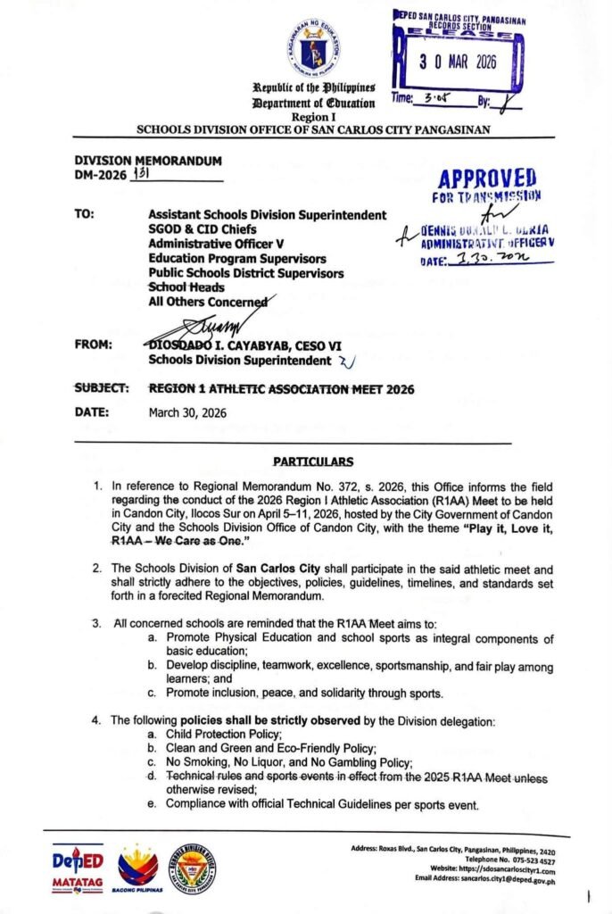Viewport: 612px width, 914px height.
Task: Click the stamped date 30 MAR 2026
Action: (457, 64)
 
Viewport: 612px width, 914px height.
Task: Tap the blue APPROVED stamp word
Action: (486, 177)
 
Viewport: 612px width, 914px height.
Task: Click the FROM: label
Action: (93, 345)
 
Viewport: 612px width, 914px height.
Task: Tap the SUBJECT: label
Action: (102, 389)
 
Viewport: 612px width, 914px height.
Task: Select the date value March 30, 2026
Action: (187, 412)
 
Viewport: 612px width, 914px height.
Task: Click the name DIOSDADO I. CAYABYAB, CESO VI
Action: (247, 345)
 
